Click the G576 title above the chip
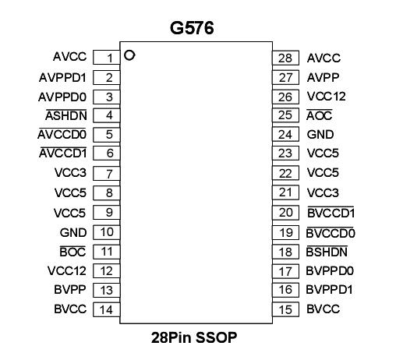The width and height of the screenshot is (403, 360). click(192, 29)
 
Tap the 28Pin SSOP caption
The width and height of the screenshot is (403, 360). click(193, 338)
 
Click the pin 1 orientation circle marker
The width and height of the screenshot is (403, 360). click(130, 55)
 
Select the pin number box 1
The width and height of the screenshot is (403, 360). click(108, 58)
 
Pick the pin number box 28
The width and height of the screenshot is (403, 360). click(285, 58)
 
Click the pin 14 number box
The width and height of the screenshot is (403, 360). click(108, 309)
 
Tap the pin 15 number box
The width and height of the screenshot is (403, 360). click(285, 309)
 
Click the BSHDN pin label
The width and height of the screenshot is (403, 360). click(327, 252)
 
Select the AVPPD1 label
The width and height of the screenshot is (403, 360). click(62, 77)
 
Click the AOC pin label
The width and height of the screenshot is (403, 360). click(320, 116)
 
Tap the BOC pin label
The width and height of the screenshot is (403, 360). click(73, 252)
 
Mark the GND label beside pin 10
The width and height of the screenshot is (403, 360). click(73, 232)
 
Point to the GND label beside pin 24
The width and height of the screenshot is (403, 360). click(320, 135)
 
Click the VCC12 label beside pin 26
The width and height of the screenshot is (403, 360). click(326, 97)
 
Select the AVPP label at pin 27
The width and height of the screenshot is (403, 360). click(321, 77)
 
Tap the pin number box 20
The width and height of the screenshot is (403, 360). click(285, 213)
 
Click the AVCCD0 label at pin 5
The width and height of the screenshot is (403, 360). click(62, 135)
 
